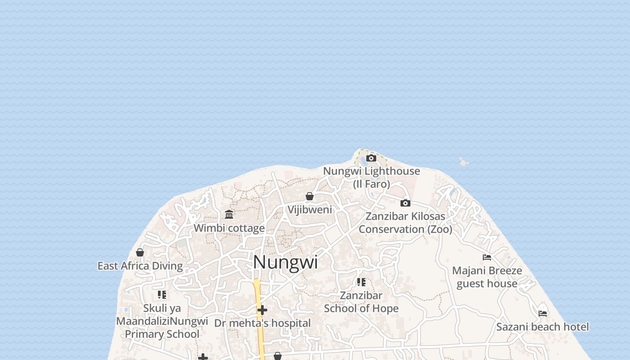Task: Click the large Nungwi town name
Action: point(285,262)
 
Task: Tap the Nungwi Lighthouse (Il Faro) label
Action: point(371,177)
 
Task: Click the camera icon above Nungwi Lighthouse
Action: point(371,158)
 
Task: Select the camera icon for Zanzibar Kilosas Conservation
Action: point(405,203)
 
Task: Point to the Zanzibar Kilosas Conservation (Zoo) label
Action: point(405,223)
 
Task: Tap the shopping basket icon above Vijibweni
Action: point(310,196)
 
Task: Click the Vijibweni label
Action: point(310,210)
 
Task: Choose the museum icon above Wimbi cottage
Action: point(229,214)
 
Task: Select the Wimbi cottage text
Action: point(229,228)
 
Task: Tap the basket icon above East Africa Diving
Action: point(140,252)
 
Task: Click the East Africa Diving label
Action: point(140,266)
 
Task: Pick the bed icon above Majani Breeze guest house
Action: point(487,257)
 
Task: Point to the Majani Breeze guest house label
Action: point(487,277)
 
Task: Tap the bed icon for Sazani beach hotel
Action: point(543,313)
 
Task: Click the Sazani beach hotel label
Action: point(543,327)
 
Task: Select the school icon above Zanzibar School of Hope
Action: point(361,282)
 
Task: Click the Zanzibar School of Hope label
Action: point(361,302)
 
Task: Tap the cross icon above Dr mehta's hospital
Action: point(262,310)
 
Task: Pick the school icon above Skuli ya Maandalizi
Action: point(162,295)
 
